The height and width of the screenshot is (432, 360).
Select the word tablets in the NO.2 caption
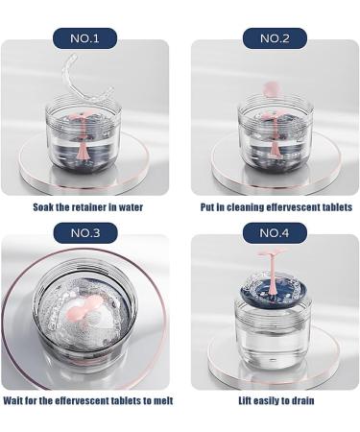334,207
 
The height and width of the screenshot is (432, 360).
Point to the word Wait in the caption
14,400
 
